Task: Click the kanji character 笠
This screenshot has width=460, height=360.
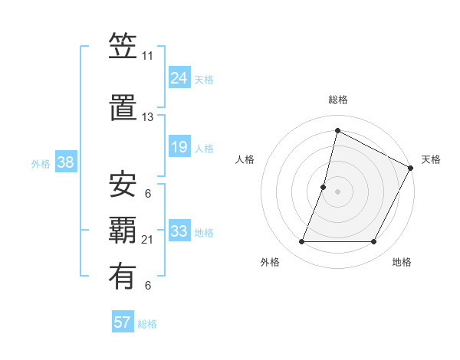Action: tap(123, 49)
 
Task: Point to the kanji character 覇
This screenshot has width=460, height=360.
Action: tap(123, 230)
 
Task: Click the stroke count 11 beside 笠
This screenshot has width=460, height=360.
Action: tap(147, 57)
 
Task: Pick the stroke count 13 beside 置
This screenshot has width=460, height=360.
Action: tap(147, 117)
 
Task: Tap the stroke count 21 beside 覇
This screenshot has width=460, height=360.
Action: tap(147, 240)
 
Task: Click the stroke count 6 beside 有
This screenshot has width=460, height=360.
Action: tap(147, 286)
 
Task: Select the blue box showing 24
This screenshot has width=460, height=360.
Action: tap(179, 78)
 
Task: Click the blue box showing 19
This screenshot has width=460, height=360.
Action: tap(179, 147)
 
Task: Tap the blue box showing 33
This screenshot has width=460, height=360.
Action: tap(179, 231)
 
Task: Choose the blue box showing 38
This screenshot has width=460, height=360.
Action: tap(65, 162)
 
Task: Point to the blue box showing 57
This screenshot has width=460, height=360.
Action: tap(122, 322)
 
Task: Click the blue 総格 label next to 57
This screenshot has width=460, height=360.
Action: tap(147, 324)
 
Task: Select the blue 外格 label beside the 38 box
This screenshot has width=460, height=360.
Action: tap(41, 163)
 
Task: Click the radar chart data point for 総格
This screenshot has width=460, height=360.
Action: tap(337, 131)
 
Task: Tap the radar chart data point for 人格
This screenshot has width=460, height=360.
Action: tap(324, 187)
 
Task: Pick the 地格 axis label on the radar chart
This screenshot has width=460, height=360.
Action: tap(402, 263)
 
